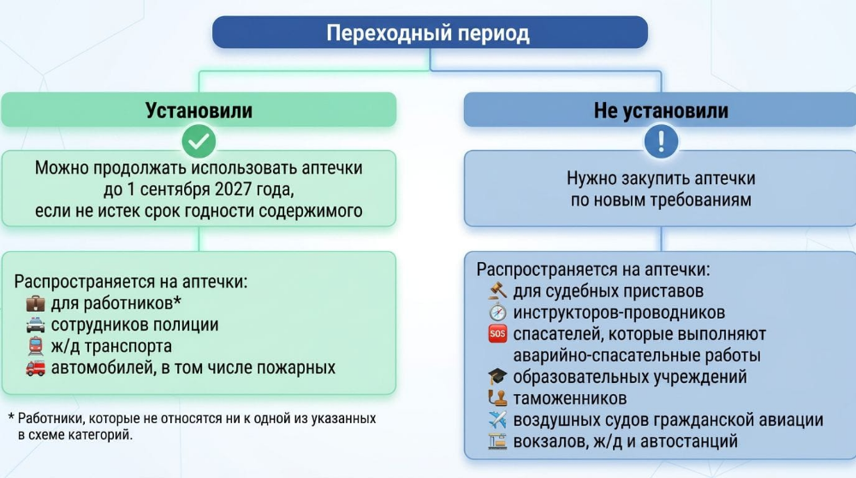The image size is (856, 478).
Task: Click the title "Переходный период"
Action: (428, 33)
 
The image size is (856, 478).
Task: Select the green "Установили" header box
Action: (199, 110)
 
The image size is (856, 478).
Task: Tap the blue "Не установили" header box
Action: (660, 110)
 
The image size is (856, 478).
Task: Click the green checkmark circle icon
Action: (199, 141)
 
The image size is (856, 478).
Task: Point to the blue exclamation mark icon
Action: (661, 141)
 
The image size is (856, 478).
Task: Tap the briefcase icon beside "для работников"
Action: (35, 303)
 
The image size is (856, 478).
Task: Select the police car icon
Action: (35, 325)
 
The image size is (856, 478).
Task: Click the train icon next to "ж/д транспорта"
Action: (35, 346)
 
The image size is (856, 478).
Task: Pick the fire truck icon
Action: (35, 367)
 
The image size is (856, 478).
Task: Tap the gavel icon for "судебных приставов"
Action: (497, 290)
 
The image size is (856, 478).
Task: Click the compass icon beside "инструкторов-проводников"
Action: (497, 313)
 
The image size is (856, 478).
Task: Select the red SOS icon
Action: (497, 334)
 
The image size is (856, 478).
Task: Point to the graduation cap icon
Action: (497, 376)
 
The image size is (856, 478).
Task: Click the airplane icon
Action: (497, 420)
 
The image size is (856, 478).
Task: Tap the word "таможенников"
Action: (569, 399)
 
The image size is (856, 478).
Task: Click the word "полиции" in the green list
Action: (186, 325)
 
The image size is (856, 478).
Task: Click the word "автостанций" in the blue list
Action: (689, 441)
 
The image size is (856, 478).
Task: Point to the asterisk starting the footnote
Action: (11, 418)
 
